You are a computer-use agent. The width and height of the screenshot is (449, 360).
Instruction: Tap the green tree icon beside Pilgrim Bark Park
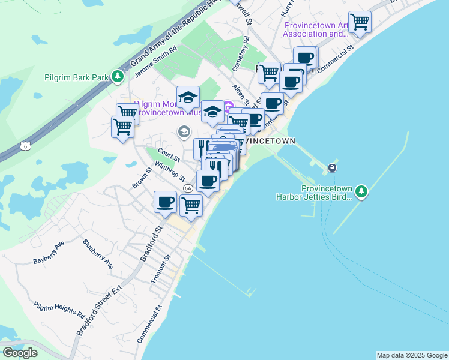tap(118, 77)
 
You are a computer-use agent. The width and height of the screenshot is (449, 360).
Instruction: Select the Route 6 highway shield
tap(25, 146)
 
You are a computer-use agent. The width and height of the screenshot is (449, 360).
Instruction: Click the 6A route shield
tap(188, 188)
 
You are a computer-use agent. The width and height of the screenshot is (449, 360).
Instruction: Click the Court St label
tap(168, 154)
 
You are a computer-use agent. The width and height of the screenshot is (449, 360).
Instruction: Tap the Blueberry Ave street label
tap(98, 254)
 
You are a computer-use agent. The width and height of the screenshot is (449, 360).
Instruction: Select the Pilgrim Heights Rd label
tap(59, 310)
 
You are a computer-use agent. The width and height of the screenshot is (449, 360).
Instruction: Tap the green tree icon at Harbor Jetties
tap(361, 191)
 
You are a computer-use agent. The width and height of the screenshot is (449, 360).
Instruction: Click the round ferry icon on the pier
tap(332, 167)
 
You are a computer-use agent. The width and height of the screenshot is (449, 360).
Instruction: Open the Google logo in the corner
tap(20, 353)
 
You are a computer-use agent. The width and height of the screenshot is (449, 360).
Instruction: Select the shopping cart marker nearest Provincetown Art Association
tap(359, 22)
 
